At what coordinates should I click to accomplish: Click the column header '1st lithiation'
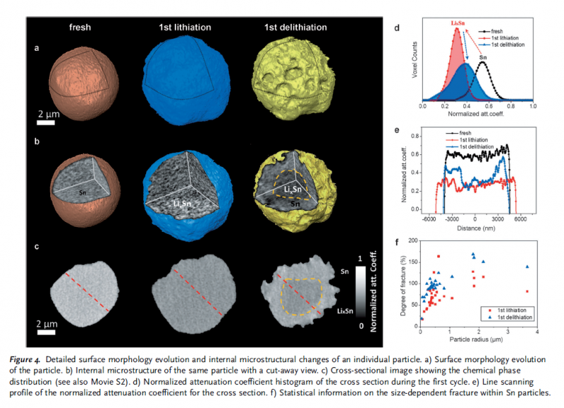coord(181,27)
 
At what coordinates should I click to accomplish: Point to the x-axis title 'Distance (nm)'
coord(474,228)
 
